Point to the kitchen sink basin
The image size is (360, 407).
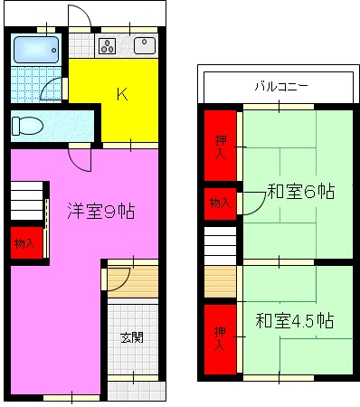tap(145, 46)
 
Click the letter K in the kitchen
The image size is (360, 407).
tap(119, 93)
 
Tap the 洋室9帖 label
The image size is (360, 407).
tap(101, 212)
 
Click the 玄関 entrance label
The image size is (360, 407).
tap(132, 337)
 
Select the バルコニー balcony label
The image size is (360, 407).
tap(279, 87)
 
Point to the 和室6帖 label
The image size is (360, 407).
tap(300, 192)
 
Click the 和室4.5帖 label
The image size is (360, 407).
tap(295, 321)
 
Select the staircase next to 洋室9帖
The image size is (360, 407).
tap(28, 203)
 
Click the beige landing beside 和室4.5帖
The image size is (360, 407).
tap(221, 281)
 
